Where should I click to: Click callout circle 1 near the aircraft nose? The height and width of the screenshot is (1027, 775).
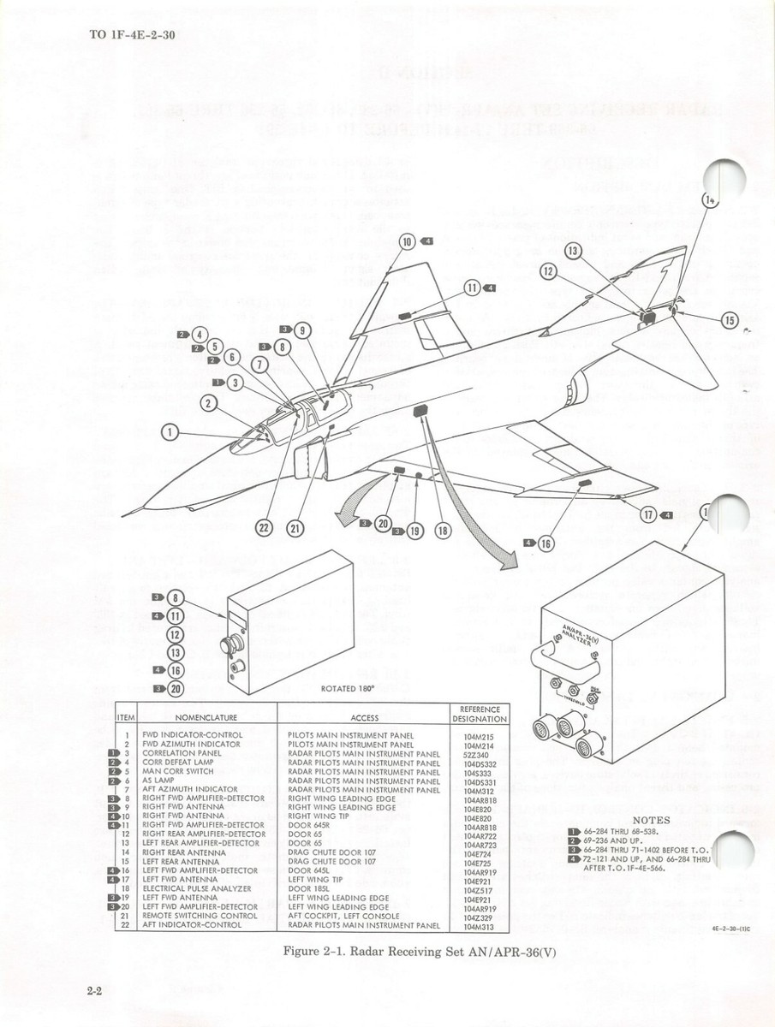(170, 432)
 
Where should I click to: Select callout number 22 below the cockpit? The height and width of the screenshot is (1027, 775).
(265, 528)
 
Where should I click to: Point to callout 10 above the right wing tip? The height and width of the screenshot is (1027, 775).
(408, 241)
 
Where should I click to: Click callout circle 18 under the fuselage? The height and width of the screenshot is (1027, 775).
(443, 531)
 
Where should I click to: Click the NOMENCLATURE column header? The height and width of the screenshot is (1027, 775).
(206, 717)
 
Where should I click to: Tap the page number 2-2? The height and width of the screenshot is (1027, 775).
(94, 991)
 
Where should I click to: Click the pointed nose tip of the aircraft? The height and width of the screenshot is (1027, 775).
(124, 513)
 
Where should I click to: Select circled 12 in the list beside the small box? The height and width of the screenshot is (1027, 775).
(176, 634)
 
